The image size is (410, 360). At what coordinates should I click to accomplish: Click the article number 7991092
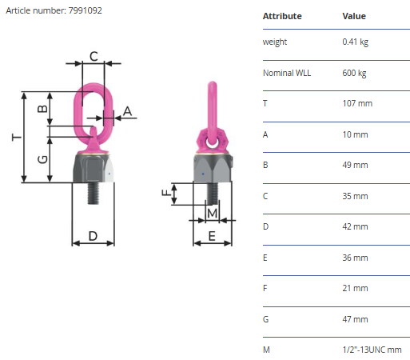[85, 10]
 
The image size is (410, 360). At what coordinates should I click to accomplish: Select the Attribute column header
[282, 16]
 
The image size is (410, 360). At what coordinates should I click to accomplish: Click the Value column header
[354, 16]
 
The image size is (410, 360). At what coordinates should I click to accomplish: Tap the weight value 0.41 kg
[356, 42]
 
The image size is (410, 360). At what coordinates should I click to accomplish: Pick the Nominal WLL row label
[287, 73]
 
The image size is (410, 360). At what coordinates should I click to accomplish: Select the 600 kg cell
[354, 73]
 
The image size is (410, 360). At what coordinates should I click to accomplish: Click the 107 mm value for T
[357, 103]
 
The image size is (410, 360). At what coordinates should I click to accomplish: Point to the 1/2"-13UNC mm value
[372, 350]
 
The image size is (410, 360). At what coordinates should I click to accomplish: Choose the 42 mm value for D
[355, 226]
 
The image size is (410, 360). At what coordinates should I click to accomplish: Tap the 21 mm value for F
[355, 288]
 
